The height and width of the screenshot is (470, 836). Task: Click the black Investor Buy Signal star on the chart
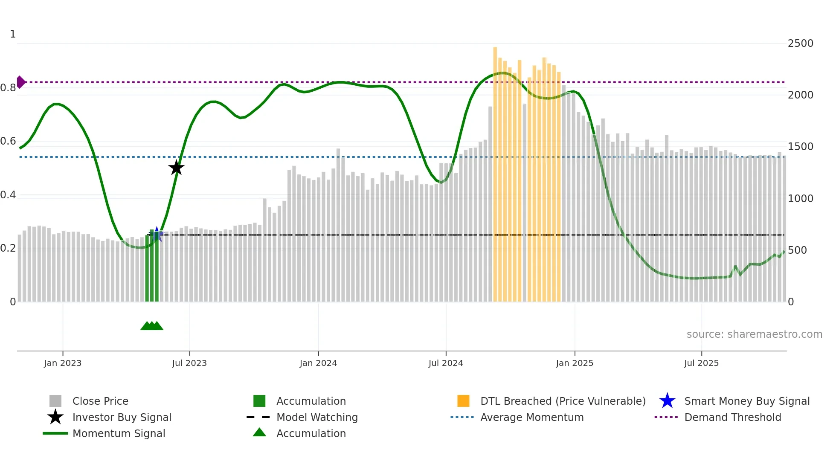[x=176, y=168]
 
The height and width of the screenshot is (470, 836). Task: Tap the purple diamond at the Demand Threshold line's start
[x=20, y=82]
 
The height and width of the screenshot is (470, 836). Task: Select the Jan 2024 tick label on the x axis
[x=318, y=363]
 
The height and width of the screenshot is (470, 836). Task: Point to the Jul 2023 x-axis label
[x=189, y=363]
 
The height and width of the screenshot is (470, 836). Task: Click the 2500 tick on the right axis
[x=800, y=44]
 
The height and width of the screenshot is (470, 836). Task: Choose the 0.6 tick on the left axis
[x=8, y=141]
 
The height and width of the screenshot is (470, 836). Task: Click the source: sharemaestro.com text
[x=754, y=334]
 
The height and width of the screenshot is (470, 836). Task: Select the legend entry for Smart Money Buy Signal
[x=746, y=401]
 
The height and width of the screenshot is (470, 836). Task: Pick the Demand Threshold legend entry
[x=732, y=417]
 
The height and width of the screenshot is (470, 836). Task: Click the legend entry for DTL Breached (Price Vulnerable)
[x=563, y=401]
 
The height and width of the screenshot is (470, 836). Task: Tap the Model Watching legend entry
[x=316, y=417]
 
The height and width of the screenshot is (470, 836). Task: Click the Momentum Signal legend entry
[x=119, y=433]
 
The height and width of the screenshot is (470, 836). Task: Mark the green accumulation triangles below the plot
[x=152, y=326]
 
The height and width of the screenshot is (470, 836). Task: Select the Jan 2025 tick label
[x=575, y=363]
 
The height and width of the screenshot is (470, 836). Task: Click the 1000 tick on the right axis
[x=800, y=199]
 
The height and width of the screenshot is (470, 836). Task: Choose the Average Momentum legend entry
[x=531, y=417]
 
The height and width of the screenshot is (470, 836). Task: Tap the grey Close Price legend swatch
[x=55, y=401]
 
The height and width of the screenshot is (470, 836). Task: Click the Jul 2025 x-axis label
[x=701, y=363]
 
